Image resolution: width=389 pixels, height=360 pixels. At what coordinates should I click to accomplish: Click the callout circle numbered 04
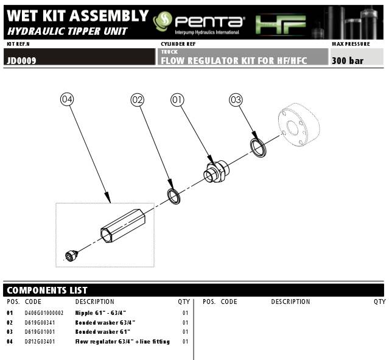(x=68, y=99)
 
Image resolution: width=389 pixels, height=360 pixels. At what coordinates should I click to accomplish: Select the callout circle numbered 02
(x=138, y=99)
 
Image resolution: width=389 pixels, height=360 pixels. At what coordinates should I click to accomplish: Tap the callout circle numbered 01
(x=178, y=99)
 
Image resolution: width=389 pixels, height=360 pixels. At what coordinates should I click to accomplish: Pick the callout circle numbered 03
(x=236, y=99)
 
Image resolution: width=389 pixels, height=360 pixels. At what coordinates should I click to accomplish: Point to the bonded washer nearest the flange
(x=259, y=146)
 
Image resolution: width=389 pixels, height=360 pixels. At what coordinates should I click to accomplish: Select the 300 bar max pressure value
(x=348, y=61)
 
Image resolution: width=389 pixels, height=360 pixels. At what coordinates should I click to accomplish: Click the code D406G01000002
(x=44, y=312)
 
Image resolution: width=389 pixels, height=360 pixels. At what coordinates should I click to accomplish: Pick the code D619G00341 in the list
(x=40, y=322)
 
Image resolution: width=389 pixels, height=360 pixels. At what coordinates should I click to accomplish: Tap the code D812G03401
(x=40, y=342)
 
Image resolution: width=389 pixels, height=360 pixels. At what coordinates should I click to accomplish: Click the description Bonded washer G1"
(x=101, y=332)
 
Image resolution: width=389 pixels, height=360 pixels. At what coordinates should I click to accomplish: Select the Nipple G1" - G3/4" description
(x=105, y=312)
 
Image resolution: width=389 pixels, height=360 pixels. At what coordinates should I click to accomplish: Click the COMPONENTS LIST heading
(x=47, y=291)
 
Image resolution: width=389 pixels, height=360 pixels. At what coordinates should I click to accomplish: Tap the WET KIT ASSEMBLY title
(x=77, y=16)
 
